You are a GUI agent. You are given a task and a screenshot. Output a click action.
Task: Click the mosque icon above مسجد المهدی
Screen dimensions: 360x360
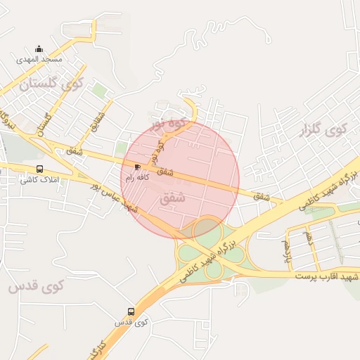click(x=39, y=49)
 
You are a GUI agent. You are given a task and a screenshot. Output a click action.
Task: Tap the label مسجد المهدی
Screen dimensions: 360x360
click(x=39, y=60)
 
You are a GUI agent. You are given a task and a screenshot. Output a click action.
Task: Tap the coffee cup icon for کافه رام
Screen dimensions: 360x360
click(x=136, y=167)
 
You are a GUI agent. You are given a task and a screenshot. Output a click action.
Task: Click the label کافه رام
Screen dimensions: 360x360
click(x=136, y=178)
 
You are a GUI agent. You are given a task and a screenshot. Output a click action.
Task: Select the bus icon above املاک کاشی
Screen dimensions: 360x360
click(x=39, y=169)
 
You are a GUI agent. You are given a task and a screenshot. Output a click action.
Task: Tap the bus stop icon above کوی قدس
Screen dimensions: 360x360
click(x=131, y=311)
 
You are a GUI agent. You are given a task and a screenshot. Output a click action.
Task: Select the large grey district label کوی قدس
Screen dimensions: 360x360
click(x=37, y=287)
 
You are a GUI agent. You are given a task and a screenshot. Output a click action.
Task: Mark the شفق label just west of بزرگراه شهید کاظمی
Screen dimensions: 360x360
click(x=262, y=196)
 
